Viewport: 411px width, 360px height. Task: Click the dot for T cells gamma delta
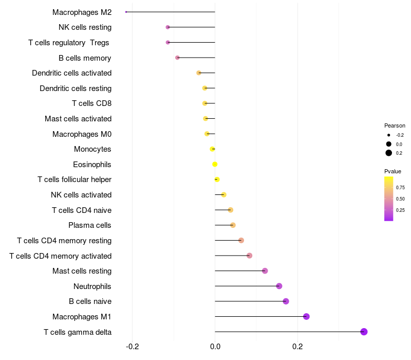364,332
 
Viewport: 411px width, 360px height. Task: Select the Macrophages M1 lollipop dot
306,316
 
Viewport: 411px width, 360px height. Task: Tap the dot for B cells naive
286,301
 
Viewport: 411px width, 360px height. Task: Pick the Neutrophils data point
279,286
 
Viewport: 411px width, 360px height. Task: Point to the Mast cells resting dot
265,271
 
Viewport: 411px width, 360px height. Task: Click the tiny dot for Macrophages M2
126,12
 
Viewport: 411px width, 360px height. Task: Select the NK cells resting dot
168,27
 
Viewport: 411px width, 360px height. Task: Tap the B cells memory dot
177,58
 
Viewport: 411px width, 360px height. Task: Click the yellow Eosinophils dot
215,164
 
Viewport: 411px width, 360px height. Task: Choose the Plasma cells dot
233,225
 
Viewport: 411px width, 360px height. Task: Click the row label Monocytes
92,149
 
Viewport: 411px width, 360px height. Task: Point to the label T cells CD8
92,103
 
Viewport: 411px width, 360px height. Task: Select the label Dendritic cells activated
72,73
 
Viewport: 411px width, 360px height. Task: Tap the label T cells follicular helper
74,179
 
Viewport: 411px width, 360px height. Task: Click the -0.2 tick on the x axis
132,347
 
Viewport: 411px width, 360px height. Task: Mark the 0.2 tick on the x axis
297,347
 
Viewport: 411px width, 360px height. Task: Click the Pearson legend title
395,125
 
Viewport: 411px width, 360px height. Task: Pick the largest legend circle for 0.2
388,153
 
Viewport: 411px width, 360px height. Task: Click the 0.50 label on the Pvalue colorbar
400,199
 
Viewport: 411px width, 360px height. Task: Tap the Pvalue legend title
393,171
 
